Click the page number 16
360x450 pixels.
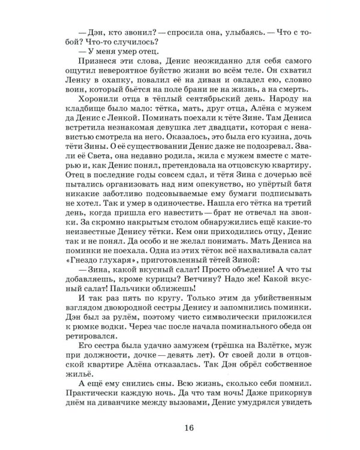pyautogui.click(x=183, y=427)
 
